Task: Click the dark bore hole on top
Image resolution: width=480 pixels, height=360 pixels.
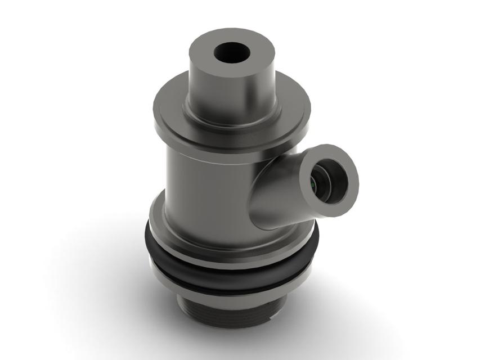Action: coord(232,54)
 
